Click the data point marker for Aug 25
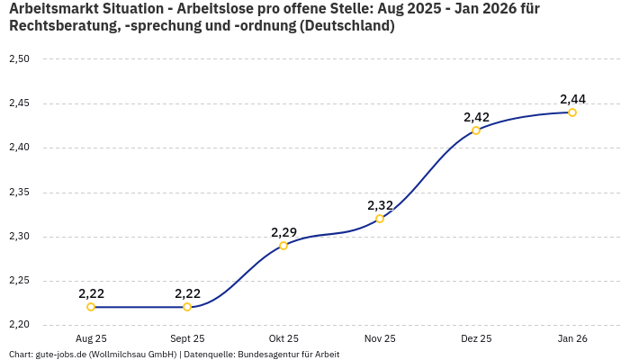(x=91, y=307)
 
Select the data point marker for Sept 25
(x=187, y=307)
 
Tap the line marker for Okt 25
(x=283, y=245)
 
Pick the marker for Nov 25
(x=380, y=219)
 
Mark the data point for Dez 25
(x=476, y=130)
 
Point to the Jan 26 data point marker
(x=572, y=112)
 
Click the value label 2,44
(x=572, y=99)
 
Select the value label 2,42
(x=476, y=117)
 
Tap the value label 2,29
(x=283, y=232)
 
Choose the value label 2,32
(x=380, y=205)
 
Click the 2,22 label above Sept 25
(x=187, y=293)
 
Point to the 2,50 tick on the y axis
(x=19, y=59)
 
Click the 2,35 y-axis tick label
(x=19, y=193)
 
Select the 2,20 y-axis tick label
(x=19, y=325)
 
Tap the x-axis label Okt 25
(x=283, y=339)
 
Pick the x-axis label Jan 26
(x=572, y=339)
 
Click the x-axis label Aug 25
(x=91, y=339)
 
